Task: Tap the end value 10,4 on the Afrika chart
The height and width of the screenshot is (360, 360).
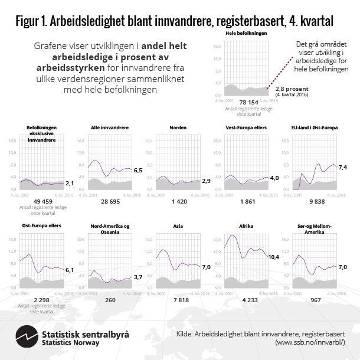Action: tap(274, 257)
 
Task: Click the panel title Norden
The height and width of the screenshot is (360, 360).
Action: tap(178, 127)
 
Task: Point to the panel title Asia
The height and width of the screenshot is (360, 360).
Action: tap(178, 225)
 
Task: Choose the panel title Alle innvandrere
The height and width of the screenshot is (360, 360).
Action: tap(110, 127)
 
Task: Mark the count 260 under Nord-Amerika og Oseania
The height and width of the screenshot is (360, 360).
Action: tap(110, 300)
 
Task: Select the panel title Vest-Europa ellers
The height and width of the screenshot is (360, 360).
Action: tap(246, 127)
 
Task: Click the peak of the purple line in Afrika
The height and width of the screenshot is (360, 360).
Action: tap(233, 235)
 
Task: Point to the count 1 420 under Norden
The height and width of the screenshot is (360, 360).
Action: tap(178, 201)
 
